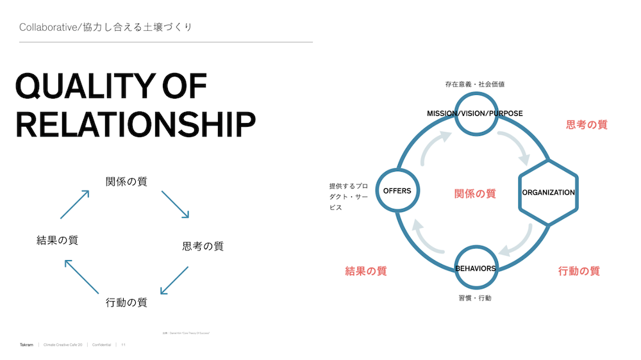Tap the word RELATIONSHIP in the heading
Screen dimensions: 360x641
[x=135, y=124]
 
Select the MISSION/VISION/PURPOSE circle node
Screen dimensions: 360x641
[x=475, y=113]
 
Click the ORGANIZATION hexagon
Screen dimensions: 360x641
[x=548, y=192]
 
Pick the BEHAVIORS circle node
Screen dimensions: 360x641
[x=475, y=268]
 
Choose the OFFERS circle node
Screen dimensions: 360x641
[x=397, y=191]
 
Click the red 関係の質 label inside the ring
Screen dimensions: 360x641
[x=475, y=193]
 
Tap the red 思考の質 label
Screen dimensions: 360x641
[x=587, y=124]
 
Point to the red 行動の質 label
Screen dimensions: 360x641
[x=579, y=271]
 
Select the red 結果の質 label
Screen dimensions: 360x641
[x=366, y=271]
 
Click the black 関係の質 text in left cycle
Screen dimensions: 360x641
[x=126, y=181]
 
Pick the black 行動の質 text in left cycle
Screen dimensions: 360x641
[x=126, y=302]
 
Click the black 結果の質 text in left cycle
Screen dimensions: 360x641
[x=57, y=240]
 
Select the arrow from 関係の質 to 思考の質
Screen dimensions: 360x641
[x=174, y=204]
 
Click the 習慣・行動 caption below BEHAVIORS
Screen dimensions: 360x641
[x=475, y=298]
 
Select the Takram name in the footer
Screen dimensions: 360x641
[x=26, y=345]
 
